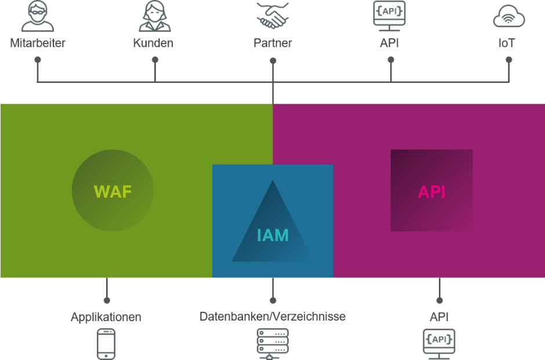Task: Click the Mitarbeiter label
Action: point(38,43)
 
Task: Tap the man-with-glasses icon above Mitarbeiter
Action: point(38,16)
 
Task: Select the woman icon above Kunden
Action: point(155,16)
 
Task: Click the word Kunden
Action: point(153,43)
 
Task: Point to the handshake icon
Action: point(273,15)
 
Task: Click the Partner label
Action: point(273,43)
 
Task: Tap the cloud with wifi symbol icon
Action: point(509,16)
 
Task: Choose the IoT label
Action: point(506,43)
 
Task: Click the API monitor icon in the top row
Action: point(389,16)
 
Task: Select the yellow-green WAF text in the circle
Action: point(112,191)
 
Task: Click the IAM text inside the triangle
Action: point(273,235)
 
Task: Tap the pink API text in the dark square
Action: point(431,191)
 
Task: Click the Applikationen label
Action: point(106,317)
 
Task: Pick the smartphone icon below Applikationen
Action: point(106,344)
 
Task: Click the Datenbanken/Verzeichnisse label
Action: point(272,317)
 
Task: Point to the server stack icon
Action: point(273,344)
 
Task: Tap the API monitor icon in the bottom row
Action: point(439,344)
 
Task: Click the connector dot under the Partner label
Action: point(273,61)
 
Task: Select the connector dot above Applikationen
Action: point(107,300)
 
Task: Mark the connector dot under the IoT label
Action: point(509,60)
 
